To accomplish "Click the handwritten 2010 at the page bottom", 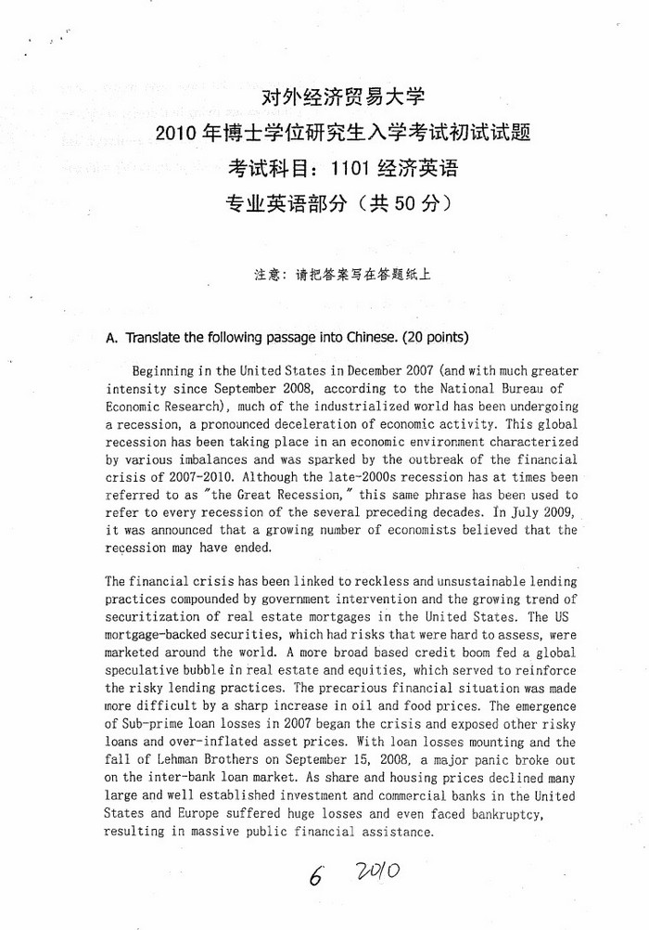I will click(376, 872).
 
